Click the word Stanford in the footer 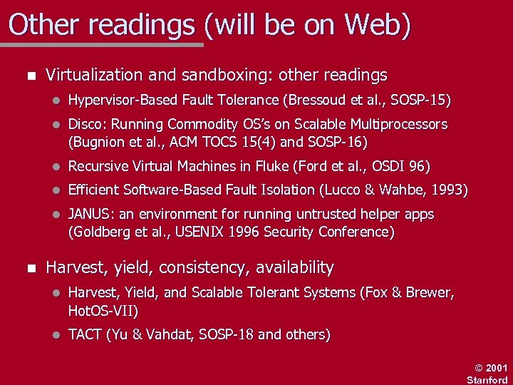pyautogui.click(x=487, y=379)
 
